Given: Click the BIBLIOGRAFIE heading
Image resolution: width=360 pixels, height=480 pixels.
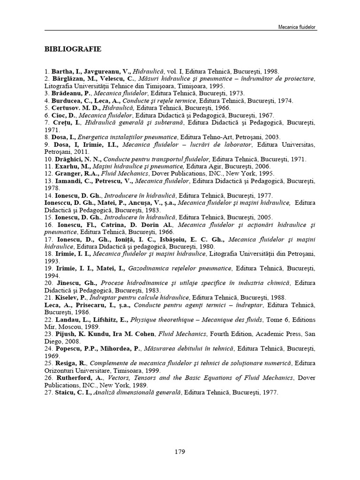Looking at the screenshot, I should [73, 49].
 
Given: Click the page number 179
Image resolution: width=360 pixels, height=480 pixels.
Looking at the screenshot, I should [180, 452].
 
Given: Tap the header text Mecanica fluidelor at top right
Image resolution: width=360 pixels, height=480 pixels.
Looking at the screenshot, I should [297, 28].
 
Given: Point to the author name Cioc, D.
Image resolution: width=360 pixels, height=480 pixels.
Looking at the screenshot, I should [61, 115].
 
